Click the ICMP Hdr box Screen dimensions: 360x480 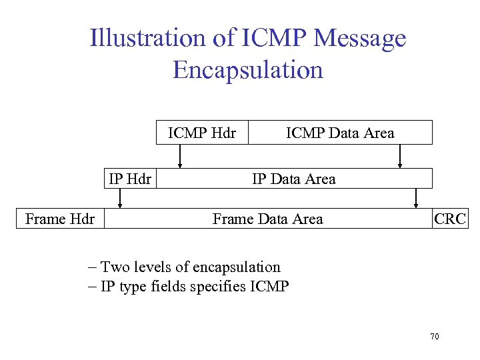[202, 133]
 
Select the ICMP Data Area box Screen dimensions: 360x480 [340, 133]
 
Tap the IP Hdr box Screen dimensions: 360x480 [130, 179]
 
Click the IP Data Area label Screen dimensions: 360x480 [293, 179]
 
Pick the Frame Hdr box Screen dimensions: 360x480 [60, 219]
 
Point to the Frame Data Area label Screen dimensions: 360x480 [267, 219]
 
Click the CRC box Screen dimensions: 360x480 [450, 219]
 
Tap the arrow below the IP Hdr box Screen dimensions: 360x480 [120, 198]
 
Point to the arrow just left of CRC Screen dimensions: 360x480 [417, 198]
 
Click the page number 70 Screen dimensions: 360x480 [435, 337]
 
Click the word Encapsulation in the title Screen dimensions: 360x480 [248, 69]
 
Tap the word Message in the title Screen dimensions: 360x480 [359, 39]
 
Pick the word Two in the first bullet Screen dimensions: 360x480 [115, 267]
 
